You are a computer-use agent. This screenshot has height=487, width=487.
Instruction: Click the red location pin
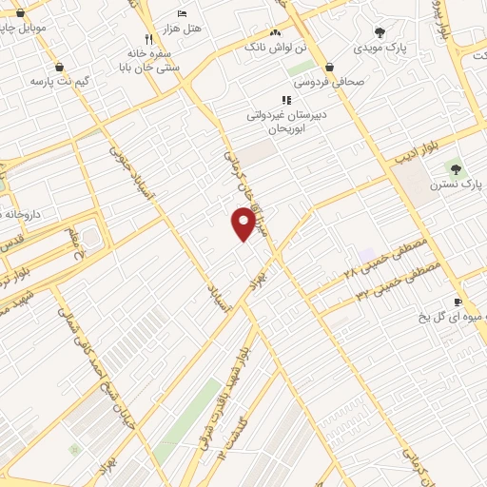point(243,224)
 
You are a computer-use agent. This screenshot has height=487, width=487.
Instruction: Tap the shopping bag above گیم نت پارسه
point(61,68)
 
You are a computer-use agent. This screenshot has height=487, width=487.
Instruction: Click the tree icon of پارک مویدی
point(380,32)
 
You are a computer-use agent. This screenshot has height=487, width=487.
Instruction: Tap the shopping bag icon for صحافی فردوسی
point(329,68)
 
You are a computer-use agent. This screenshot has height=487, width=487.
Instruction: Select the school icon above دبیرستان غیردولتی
point(285,99)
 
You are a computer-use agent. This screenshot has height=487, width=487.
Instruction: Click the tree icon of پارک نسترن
point(454,166)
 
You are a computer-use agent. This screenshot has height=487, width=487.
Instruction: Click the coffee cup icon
point(458,302)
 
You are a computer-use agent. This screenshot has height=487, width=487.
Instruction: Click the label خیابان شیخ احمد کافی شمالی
point(99,357)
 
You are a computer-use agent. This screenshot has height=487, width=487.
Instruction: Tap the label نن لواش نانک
point(278,46)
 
